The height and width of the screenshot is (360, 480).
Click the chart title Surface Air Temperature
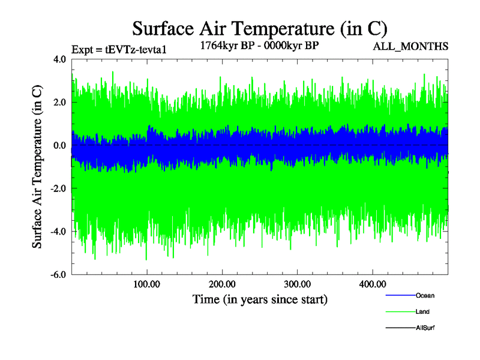pos(260,28)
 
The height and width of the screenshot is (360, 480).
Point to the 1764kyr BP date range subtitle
pos(259,45)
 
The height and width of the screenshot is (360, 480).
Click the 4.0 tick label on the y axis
pos(60,59)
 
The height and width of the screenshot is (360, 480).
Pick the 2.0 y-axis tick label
pos(60,103)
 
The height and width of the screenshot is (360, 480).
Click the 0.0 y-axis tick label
pos(60,146)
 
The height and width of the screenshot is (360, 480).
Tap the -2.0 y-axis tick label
pos(58,189)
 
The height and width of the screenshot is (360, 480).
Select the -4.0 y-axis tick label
pos(58,232)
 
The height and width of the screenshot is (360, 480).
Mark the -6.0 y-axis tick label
pos(58,275)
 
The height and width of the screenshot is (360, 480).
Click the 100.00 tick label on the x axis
pos(147,284)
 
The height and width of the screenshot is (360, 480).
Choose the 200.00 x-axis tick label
pos(222,284)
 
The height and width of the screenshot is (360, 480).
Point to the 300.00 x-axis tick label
pos(297,284)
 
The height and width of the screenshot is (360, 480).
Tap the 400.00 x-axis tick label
pos(372,284)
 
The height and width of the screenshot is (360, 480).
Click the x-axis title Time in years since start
pos(260,299)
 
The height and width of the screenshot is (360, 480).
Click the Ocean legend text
pos(425,296)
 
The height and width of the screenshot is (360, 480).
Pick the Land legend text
pos(422,312)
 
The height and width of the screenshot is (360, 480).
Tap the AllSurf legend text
pos(425,328)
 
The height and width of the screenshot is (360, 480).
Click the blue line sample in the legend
pos(400,296)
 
